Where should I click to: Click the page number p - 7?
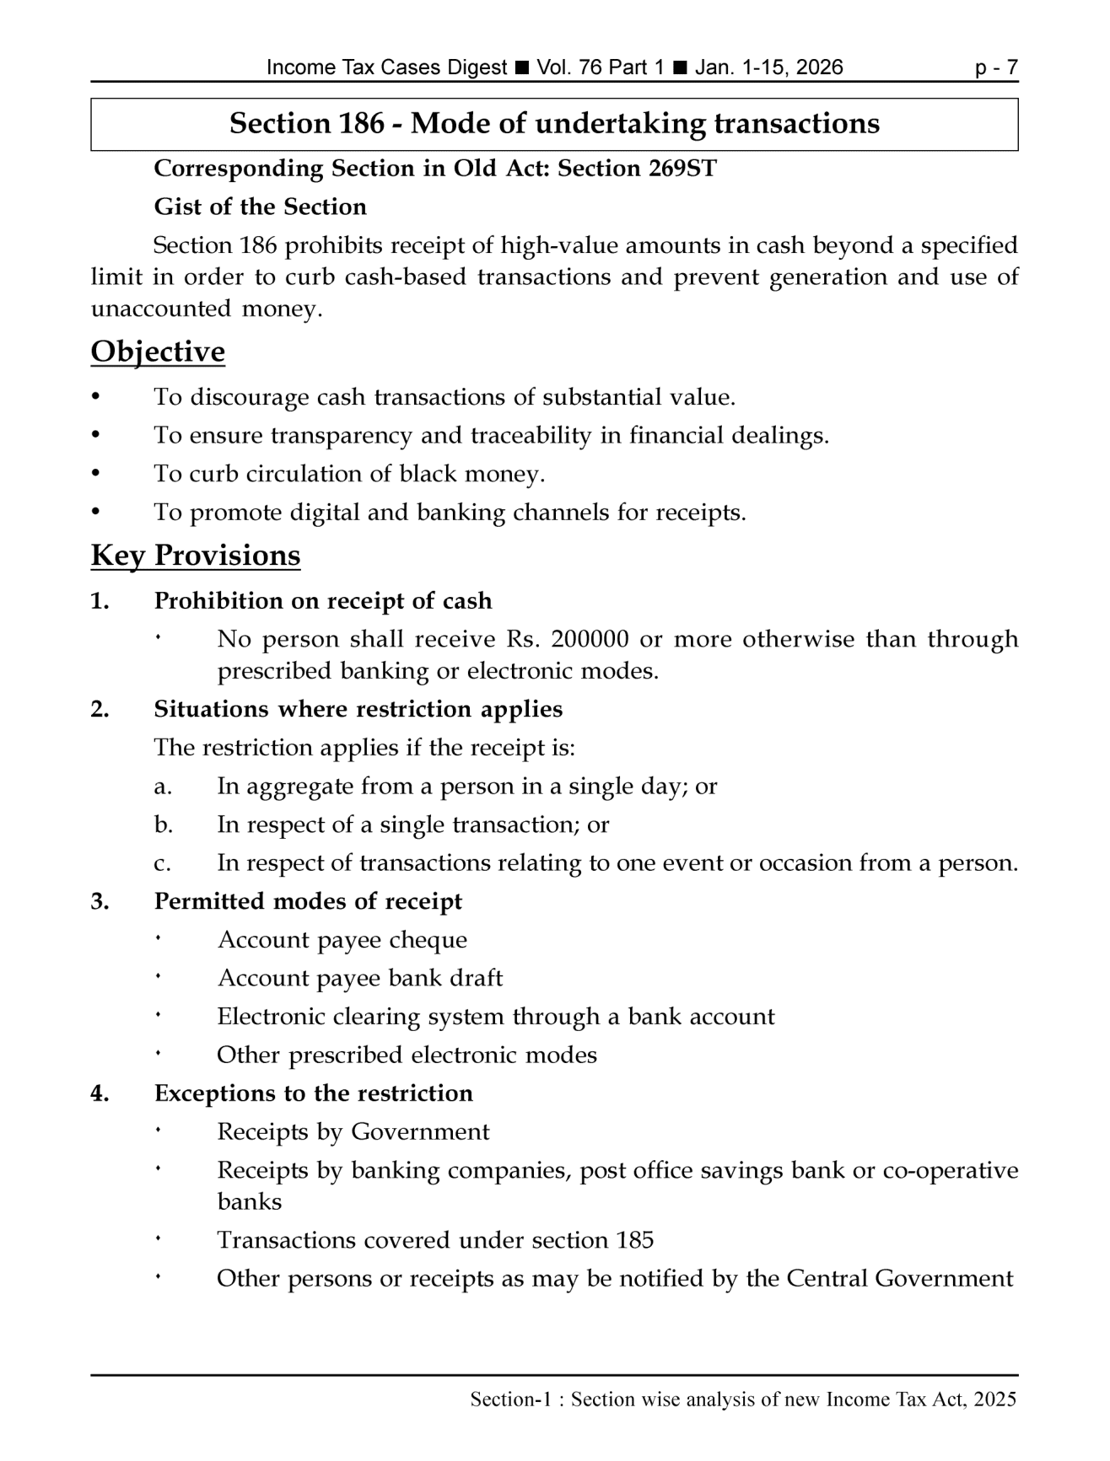pos(996,67)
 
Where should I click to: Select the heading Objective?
pos(158,352)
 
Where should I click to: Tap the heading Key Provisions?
pos(195,556)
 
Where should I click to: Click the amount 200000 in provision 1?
pos(590,639)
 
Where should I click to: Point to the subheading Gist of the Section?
pos(260,207)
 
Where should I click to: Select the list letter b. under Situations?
pos(164,824)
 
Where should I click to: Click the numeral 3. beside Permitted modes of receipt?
pos(100,901)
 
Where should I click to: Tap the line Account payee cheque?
pos(342,940)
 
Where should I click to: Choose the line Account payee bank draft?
pos(359,978)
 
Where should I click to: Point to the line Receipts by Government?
pos(353,1131)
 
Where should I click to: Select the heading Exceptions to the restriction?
pos(313,1093)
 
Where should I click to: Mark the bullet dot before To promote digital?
pos(95,511)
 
